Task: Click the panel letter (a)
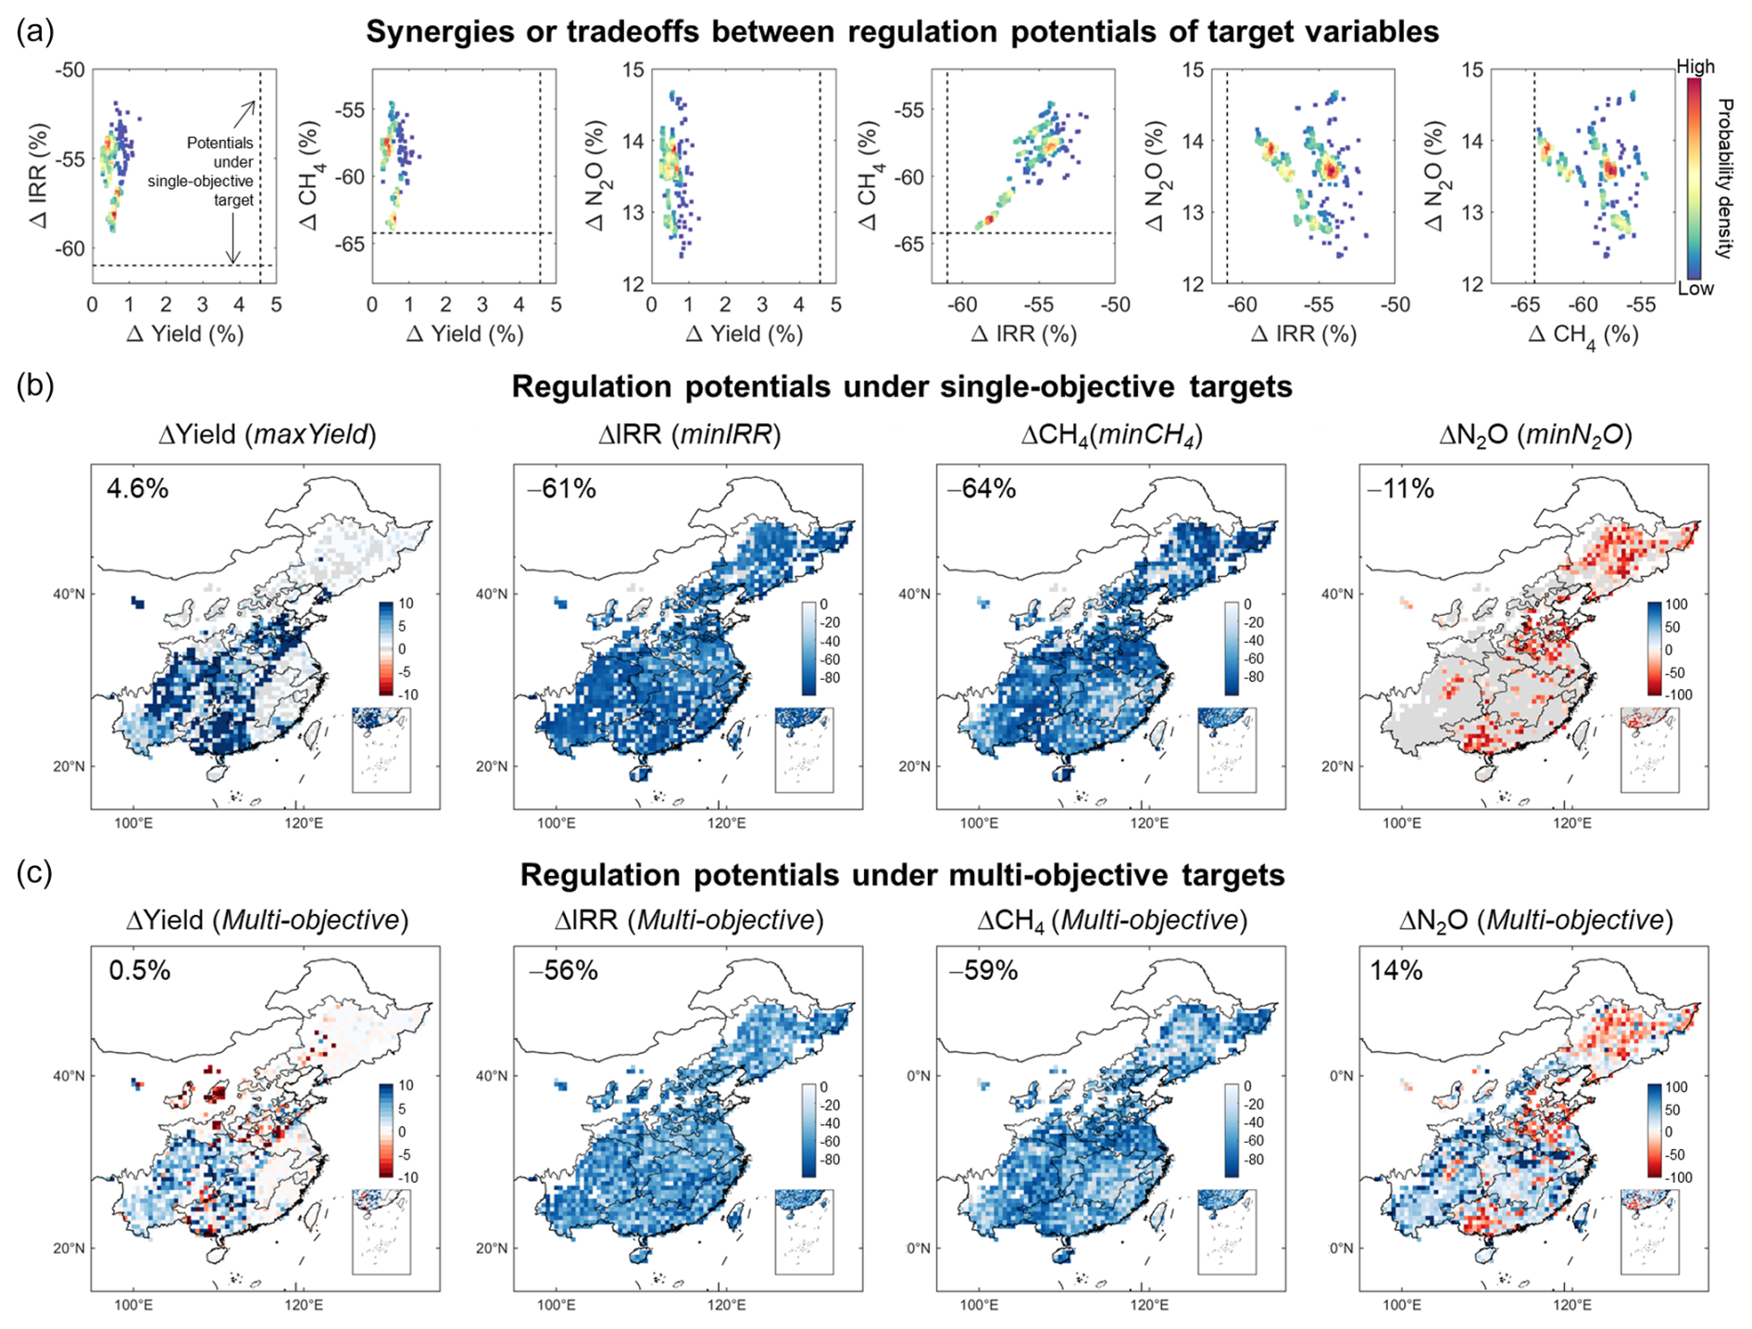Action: click(x=35, y=31)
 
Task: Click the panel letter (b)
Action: click(x=35, y=385)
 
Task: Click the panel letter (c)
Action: click(x=35, y=872)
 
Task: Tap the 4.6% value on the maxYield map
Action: click(x=138, y=488)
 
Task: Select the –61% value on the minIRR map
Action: click(x=561, y=488)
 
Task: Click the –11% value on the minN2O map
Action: click(x=1401, y=488)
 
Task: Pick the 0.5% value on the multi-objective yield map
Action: click(x=140, y=970)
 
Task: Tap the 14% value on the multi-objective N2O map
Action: click(x=1396, y=970)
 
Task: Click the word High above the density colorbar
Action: click(x=1696, y=67)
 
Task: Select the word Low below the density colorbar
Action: click(x=1696, y=288)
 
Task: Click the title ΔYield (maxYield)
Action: click(x=268, y=433)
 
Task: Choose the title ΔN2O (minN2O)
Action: click(x=1535, y=433)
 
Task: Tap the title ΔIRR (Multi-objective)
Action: click(x=689, y=920)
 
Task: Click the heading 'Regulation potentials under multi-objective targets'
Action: click(x=902, y=874)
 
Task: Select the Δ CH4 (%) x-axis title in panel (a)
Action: click(x=1583, y=335)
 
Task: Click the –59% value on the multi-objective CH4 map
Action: click(x=983, y=970)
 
